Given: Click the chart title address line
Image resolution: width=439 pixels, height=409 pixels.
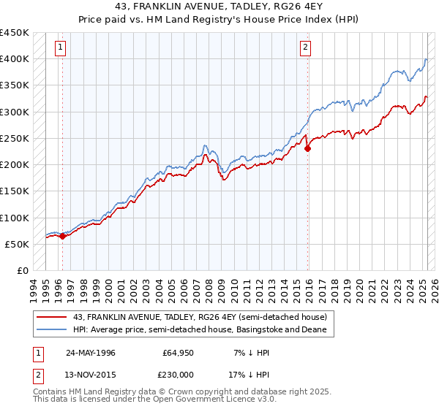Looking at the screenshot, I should [219, 6].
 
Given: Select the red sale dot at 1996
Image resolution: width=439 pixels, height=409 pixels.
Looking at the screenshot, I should [63, 236].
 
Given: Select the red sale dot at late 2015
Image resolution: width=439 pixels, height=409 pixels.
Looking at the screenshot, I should [307, 148].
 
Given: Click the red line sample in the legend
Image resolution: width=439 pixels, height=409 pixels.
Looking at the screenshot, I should [52, 316].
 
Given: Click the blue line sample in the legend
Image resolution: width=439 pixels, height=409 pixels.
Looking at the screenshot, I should [52, 329].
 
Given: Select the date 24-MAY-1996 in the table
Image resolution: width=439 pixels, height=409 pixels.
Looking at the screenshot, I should [91, 353].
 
